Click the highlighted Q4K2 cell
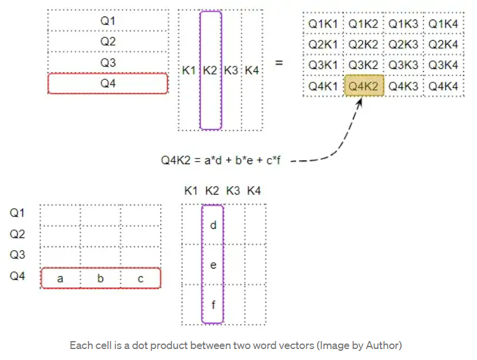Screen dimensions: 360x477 364,86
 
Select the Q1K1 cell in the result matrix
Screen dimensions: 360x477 323,24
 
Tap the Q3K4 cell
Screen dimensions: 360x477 443,65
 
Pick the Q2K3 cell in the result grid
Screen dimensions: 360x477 403,45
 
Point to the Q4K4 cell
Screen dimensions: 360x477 443,86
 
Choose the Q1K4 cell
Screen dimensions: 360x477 443,24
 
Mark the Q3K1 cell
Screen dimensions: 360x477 323,65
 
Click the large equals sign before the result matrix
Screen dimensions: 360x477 279,62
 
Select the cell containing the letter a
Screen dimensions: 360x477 60,278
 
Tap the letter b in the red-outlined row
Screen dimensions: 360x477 100,278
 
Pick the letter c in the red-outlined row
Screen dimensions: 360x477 140,278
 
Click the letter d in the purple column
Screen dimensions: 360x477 213,225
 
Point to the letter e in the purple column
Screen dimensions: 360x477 213,265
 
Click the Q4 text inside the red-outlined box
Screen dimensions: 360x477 108,84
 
